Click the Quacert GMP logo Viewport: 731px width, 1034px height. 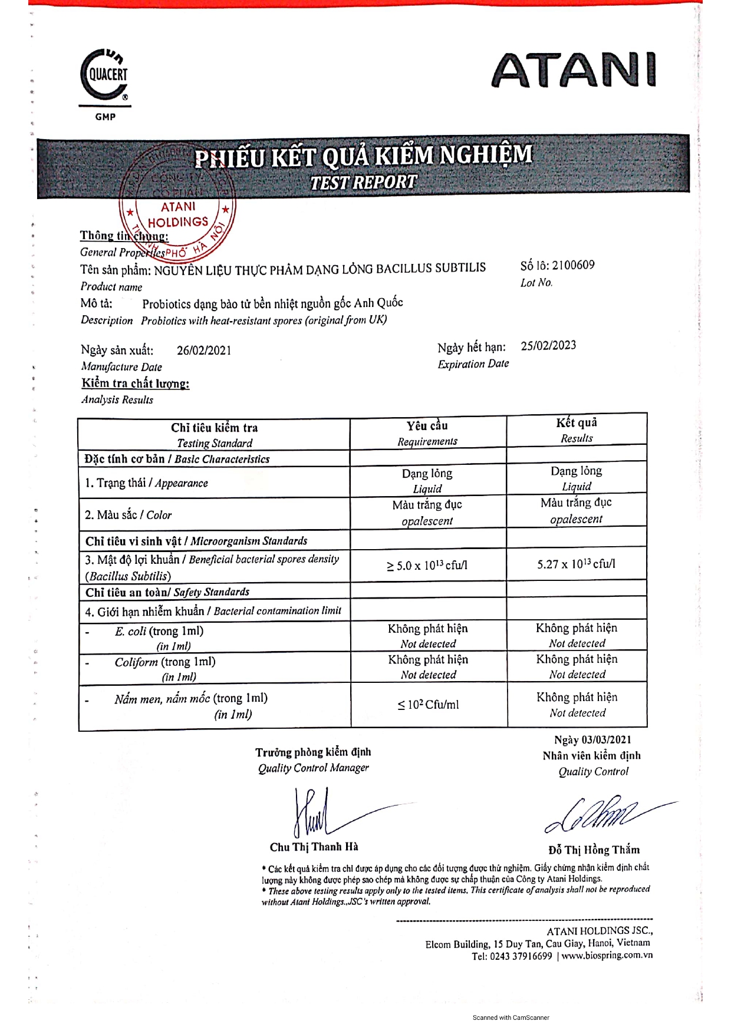click(105, 82)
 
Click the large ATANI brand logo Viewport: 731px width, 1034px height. click(573, 71)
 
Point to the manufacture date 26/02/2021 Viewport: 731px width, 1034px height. click(204, 351)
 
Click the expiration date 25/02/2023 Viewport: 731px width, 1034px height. click(548, 345)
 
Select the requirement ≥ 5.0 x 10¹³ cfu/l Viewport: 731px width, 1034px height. click(427, 566)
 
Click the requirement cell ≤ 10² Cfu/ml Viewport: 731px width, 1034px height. click(428, 705)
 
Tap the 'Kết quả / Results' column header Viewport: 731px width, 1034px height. click(577, 430)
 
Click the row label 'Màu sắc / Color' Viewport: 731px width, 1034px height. click(129, 515)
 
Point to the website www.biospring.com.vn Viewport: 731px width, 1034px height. click(607, 956)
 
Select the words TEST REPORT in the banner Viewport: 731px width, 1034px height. click(363, 183)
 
